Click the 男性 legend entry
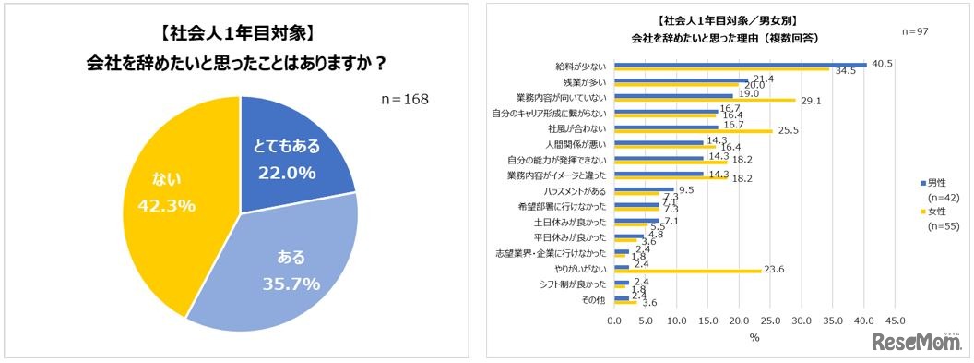[923, 182]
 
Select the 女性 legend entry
[923, 212]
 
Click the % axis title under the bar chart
[754, 338]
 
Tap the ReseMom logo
[914, 341]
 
